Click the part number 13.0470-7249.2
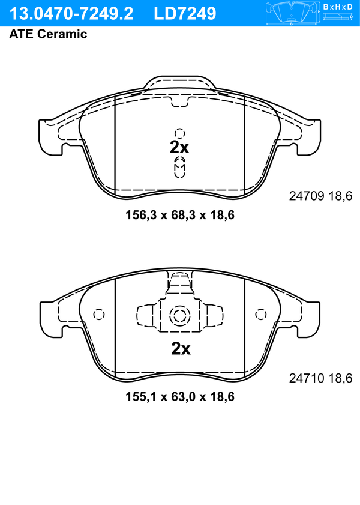tap(71, 14)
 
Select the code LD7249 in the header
tap(185, 14)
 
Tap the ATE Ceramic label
tap(48, 34)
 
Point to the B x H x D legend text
tap(338, 7)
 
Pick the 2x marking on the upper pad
tap(179, 148)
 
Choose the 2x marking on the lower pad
tap(181, 348)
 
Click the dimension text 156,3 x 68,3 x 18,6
tap(180, 215)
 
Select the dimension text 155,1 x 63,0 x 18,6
tap(180, 396)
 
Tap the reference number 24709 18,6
tap(321, 196)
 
